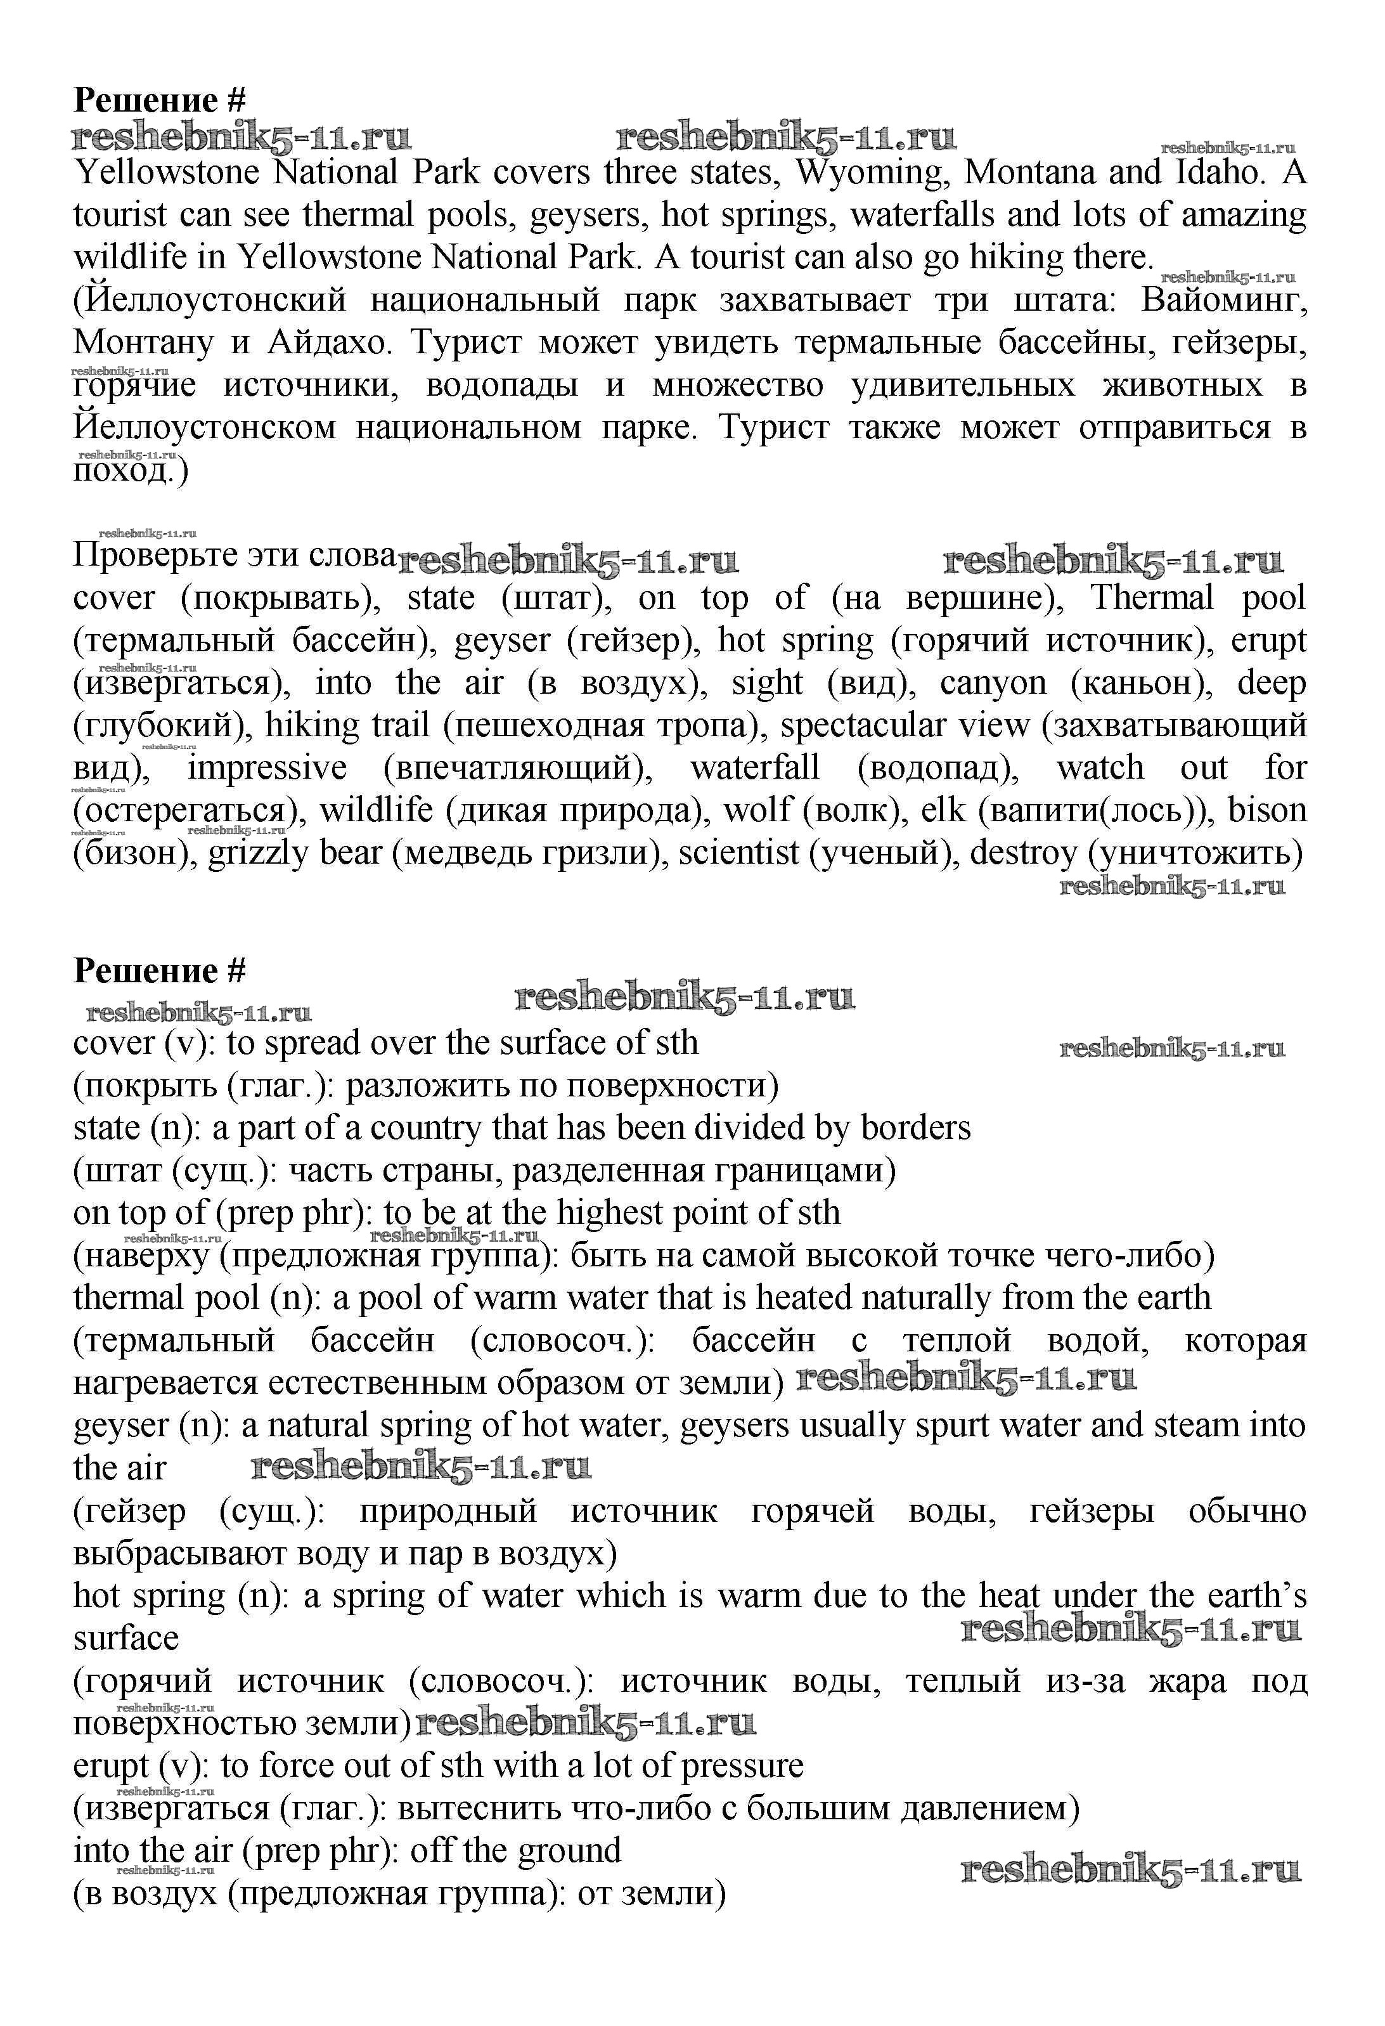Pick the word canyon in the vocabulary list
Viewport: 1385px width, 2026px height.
(x=993, y=682)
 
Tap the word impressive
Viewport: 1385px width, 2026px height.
(x=267, y=768)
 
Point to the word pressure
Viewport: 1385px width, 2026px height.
(x=743, y=1766)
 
